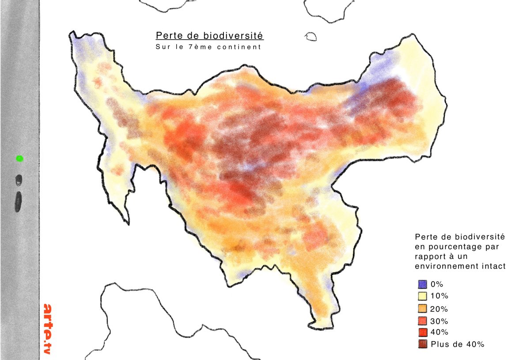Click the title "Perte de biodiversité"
209,35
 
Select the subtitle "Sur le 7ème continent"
208,47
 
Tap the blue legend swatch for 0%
422,284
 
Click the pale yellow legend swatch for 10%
422,296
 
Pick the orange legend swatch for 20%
422,308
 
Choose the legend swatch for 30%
422,321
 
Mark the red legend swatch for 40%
422,332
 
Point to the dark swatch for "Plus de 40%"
422,345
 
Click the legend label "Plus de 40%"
458,345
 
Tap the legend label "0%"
437,284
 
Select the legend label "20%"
439,308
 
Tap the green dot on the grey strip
19,158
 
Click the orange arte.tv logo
48,329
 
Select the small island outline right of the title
311,36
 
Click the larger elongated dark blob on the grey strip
19,201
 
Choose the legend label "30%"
439,321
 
